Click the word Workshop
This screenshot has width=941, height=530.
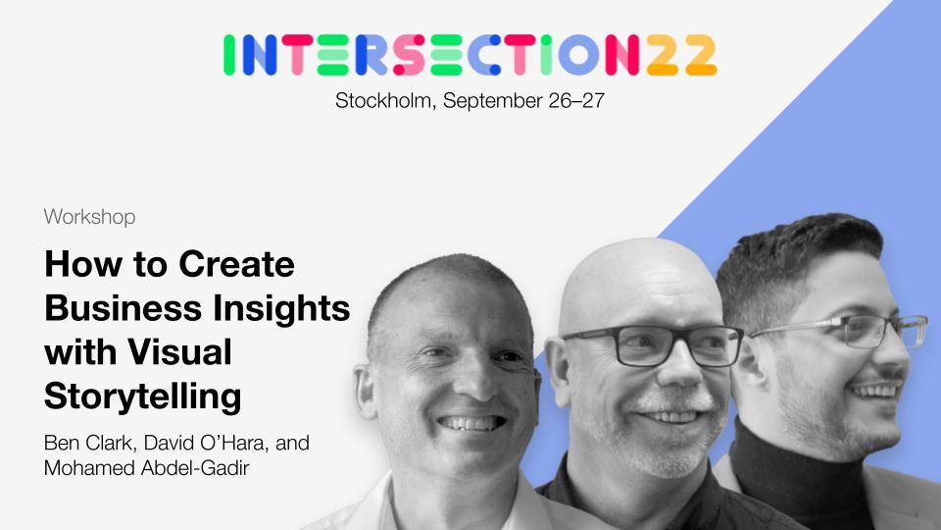tap(89, 217)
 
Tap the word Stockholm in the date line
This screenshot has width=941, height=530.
tap(383, 100)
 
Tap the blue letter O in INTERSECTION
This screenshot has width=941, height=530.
tap(578, 55)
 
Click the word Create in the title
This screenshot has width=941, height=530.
tap(236, 264)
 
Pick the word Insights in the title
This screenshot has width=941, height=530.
tap(281, 309)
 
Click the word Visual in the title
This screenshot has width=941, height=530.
tap(179, 351)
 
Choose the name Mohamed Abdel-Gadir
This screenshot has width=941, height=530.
tap(146, 468)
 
